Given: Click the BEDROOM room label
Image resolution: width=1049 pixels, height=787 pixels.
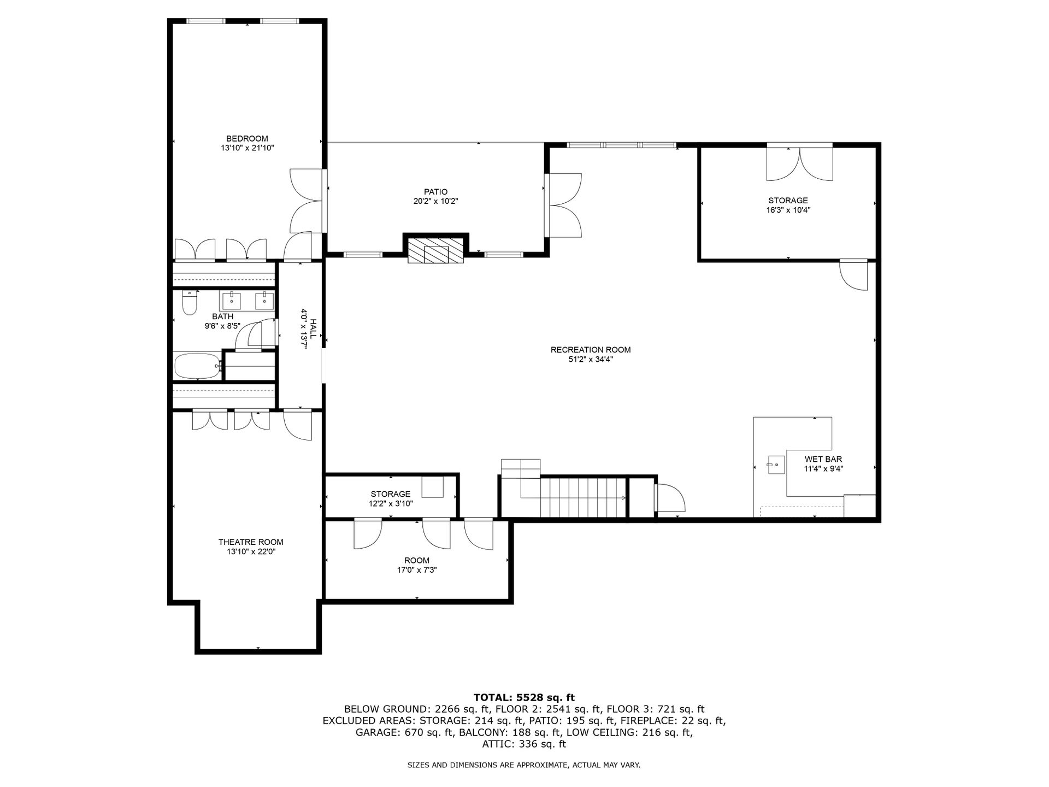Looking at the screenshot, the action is click(x=247, y=139).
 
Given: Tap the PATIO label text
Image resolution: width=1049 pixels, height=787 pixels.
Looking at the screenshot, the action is click(x=435, y=192).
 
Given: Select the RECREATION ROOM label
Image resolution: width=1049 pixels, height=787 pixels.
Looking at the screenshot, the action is click(x=591, y=350).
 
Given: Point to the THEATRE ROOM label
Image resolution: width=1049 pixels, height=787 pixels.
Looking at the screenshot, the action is click(x=251, y=542).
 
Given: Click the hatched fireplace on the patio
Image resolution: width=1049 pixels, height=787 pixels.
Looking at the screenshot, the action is click(x=436, y=250).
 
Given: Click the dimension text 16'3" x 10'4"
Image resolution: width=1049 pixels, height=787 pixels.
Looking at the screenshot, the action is click(x=788, y=210).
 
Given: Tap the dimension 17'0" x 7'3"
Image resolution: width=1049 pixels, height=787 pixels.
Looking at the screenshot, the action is click(x=417, y=570).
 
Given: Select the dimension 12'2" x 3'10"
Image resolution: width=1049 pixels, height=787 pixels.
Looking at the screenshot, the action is click(x=391, y=503).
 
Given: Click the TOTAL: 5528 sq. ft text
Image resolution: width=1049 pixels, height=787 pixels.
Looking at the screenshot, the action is click(x=524, y=697).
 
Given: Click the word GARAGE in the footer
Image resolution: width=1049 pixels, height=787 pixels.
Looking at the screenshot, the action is click(x=376, y=732).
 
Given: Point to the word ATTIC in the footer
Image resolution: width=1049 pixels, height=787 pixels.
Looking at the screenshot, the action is click(x=497, y=744).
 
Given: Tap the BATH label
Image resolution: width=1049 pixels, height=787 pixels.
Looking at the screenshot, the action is click(x=222, y=316).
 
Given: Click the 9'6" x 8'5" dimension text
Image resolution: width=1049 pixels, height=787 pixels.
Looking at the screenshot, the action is click(x=222, y=326).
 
